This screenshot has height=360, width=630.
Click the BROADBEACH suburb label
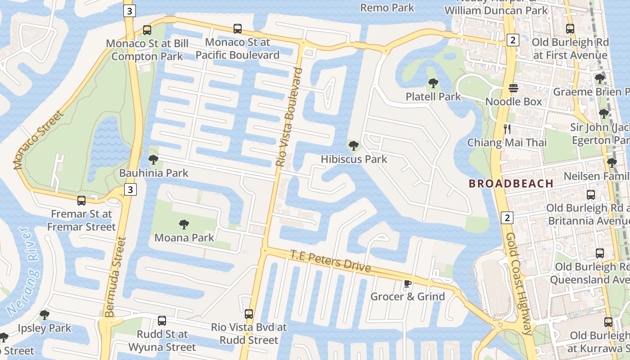pos(511,184)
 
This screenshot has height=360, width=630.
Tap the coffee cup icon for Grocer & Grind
pos(407,283)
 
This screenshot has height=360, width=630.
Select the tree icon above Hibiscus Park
pos(354,145)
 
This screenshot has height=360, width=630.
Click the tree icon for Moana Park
pos(184,224)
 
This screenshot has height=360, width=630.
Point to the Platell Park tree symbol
pos(433,83)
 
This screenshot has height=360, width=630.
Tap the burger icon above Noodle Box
pos(513,88)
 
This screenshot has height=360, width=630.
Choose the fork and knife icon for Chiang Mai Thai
pos(508,129)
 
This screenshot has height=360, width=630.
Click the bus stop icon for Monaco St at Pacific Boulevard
pos(238,29)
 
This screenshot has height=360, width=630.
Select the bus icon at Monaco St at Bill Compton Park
pos(147,30)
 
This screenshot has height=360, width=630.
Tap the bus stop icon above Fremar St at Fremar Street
pos(81,201)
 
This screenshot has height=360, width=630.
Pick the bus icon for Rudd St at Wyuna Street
pos(162,321)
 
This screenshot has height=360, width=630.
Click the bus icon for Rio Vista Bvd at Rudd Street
pos(249,314)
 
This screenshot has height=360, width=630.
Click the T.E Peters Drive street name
pos(331,261)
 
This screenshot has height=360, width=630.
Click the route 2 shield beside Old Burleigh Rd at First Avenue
pos(513,40)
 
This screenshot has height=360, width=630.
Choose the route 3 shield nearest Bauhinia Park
pos(130,189)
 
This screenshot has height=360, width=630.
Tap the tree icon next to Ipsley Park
pos(44,315)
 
